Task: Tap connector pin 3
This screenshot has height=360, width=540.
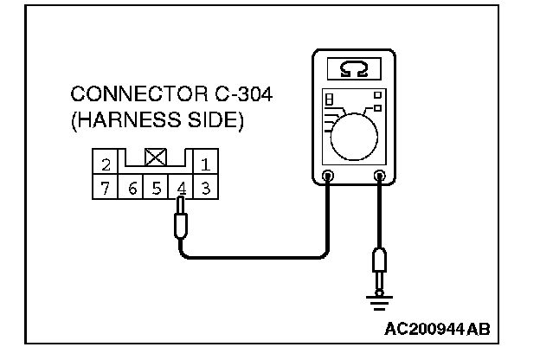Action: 206,186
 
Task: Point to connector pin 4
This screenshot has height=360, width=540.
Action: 181,186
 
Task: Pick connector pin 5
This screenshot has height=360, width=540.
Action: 157,186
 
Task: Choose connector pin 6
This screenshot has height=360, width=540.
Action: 132,186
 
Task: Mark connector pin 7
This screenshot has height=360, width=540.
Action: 105,186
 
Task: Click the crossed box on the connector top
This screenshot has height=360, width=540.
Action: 156,157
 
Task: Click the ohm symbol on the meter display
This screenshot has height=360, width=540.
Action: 355,67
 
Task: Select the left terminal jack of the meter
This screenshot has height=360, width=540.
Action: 328,177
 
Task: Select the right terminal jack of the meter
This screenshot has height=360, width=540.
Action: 379,177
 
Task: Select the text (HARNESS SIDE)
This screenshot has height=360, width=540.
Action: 157,119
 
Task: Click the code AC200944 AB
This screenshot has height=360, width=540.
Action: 437,330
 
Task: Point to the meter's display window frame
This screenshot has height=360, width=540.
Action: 355,67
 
